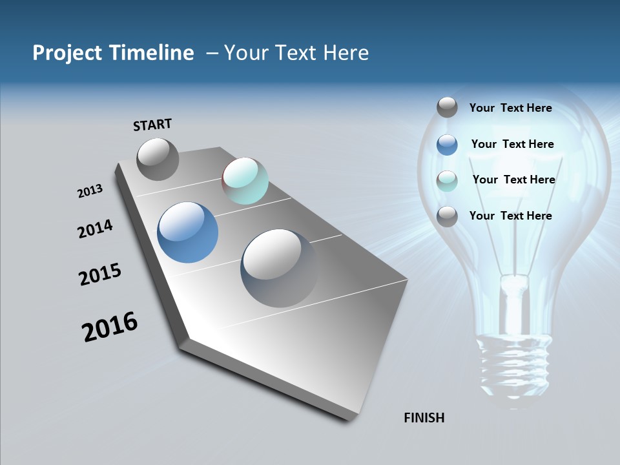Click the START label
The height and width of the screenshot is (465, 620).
point(152,125)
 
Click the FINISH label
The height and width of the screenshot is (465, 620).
point(424,418)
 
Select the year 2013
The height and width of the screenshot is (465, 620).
point(90,191)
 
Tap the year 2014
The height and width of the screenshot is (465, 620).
point(96,229)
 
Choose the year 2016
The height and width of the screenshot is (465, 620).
point(110,327)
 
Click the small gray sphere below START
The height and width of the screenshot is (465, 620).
point(158,160)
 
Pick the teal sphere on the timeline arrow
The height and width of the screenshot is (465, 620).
point(245,181)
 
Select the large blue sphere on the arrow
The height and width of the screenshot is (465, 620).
point(188,232)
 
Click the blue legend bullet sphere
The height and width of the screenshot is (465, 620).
point(447,145)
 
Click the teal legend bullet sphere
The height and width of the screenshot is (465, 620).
point(447,181)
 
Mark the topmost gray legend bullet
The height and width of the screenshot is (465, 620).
point(447,107)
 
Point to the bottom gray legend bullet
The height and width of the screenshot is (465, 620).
point(447,216)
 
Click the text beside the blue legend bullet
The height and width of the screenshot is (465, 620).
point(512,144)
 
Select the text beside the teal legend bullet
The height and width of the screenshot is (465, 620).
point(513,180)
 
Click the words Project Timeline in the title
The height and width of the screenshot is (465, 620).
point(113,53)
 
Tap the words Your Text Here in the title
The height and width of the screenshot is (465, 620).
point(296,53)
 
